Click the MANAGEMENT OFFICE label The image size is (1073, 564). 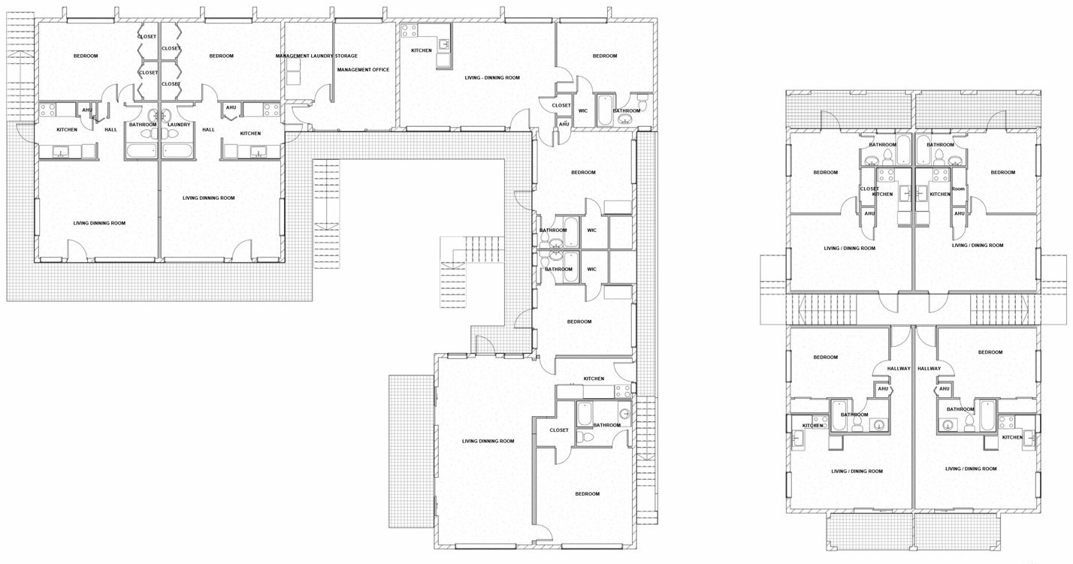[x=363, y=70]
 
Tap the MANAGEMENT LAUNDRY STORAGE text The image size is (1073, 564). [x=316, y=56]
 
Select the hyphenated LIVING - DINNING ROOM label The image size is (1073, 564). [x=492, y=77]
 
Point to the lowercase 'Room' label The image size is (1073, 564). [x=958, y=189]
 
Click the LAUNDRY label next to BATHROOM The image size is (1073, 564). [x=179, y=125]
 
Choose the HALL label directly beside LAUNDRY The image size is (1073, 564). [x=208, y=130]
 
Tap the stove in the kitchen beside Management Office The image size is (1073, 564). [x=409, y=31]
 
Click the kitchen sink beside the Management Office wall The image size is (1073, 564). [x=444, y=46]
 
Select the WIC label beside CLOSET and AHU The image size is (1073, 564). [x=583, y=111]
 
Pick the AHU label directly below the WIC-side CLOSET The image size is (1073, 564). [x=564, y=124]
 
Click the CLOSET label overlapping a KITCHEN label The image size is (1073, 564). [x=869, y=189]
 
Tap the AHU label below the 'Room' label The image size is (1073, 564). [x=959, y=213]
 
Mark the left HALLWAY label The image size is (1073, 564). [x=899, y=369]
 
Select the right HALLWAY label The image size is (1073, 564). [x=929, y=369]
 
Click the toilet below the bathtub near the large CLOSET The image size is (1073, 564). [x=585, y=436]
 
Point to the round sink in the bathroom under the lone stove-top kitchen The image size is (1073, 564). [x=624, y=414]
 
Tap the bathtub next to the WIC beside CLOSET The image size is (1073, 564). [x=605, y=110]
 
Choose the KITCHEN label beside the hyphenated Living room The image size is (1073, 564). [x=422, y=50]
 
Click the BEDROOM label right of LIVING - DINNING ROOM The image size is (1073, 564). [x=605, y=56]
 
